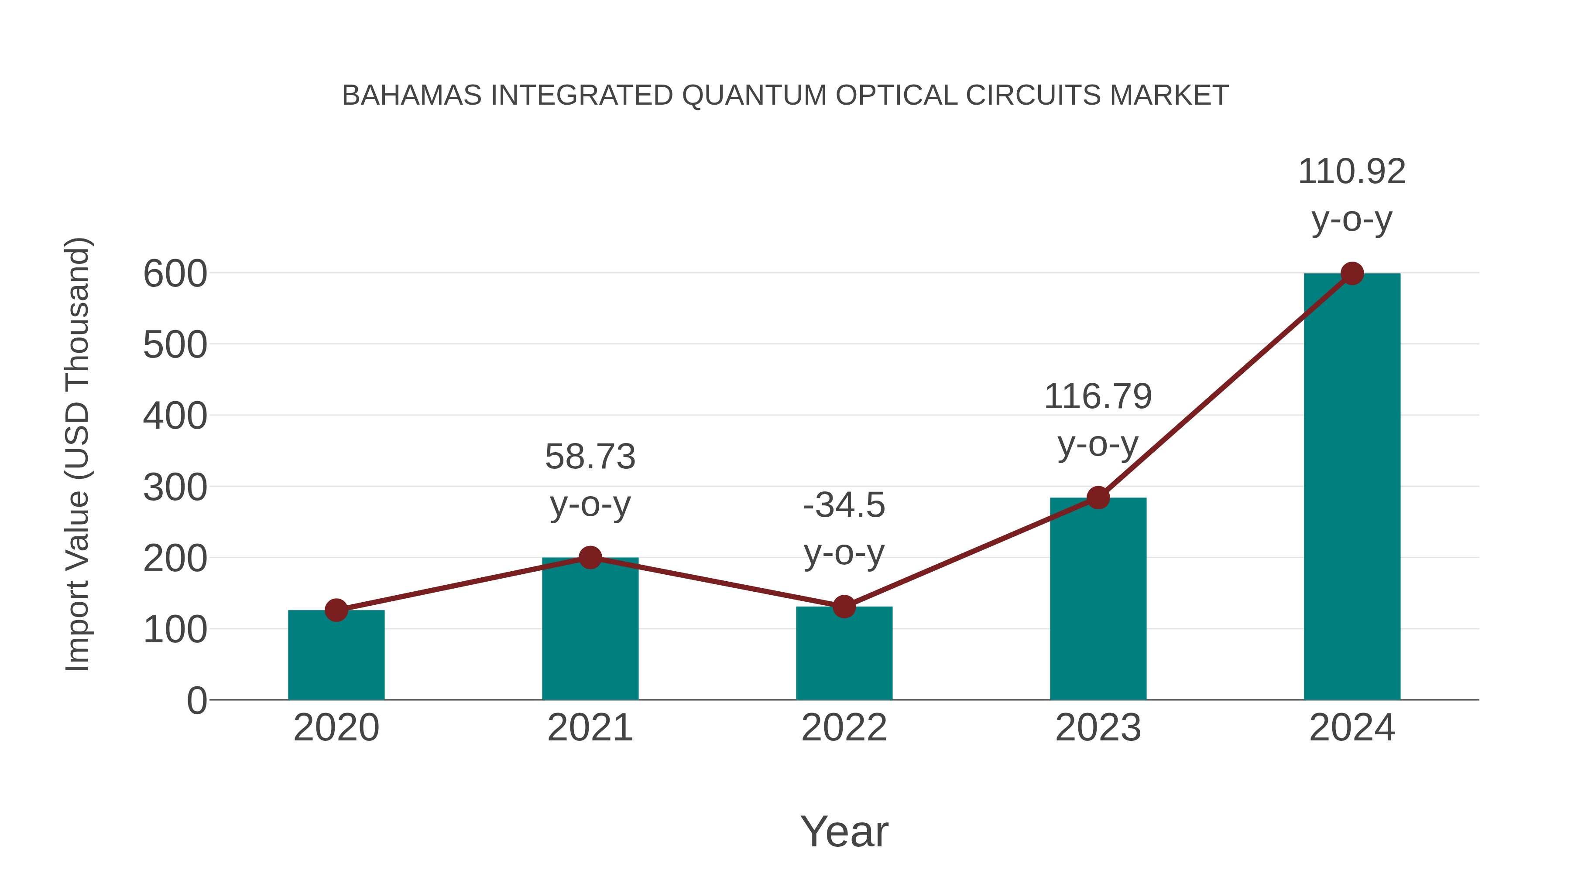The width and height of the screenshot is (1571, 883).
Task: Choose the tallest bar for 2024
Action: click(x=1352, y=488)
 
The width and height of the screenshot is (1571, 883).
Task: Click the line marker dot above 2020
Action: click(x=336, y=610)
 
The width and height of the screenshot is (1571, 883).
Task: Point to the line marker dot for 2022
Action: click(x=844, y=607)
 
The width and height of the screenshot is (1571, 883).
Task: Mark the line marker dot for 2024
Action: click(x=1352, y=273)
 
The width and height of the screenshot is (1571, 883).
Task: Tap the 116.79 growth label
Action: click(x=1098, y=420)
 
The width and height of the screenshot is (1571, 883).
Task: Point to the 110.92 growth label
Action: click(x=1352, y=195)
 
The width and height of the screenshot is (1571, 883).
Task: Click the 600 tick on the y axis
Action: click(x=175, y=274)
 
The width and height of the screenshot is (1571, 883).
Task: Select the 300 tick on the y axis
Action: click(x=175, y=488)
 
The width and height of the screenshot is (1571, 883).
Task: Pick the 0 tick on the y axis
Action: click(x=196, y=701)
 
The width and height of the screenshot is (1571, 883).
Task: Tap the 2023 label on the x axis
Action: click(x=1098, y=728)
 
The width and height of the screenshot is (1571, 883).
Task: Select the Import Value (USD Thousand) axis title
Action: click(x=78, y=454)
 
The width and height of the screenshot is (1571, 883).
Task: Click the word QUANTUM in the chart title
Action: click(x=754, y=95)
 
